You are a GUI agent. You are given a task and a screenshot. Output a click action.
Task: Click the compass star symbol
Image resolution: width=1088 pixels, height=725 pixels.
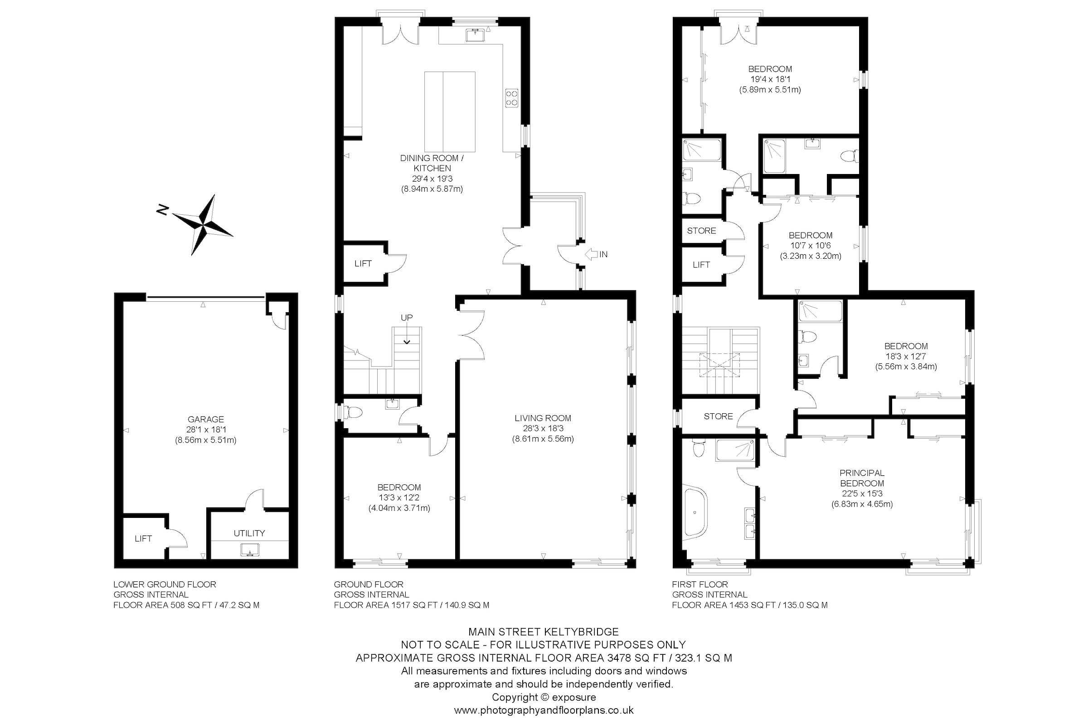202,224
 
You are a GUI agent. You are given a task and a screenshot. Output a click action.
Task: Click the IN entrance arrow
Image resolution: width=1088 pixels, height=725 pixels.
592,254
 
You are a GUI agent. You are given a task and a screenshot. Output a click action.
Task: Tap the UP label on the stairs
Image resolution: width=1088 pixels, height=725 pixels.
407,318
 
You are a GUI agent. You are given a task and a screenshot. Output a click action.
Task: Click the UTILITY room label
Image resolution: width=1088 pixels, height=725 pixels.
249,533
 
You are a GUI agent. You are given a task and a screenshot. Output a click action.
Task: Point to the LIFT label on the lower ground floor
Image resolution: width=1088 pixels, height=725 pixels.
143,539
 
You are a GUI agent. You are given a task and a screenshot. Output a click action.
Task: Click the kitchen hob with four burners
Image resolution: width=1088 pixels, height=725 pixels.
511,98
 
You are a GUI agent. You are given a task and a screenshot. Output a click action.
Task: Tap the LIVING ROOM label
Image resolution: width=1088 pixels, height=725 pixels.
543,418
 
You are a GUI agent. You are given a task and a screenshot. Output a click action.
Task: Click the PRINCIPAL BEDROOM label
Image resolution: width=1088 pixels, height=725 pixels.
862,478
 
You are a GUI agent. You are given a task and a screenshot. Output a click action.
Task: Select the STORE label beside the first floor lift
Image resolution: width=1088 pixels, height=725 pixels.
701,231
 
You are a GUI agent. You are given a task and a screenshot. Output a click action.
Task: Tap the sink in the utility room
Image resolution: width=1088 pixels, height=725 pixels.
250,550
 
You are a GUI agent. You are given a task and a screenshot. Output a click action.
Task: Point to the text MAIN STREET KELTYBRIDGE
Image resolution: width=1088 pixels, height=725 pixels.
544,632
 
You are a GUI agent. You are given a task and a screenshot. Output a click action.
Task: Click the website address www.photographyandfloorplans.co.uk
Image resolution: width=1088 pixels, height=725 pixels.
544,710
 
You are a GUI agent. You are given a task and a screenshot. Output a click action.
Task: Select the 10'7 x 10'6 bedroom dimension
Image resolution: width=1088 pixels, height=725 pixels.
810,246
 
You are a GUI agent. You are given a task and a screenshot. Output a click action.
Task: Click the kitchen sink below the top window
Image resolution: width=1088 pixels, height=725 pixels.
474,35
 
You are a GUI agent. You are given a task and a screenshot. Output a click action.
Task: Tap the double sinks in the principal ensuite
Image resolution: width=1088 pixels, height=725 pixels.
750,522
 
